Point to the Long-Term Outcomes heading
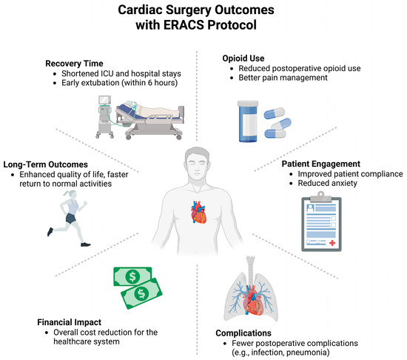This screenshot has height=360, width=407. coord(56,163)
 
